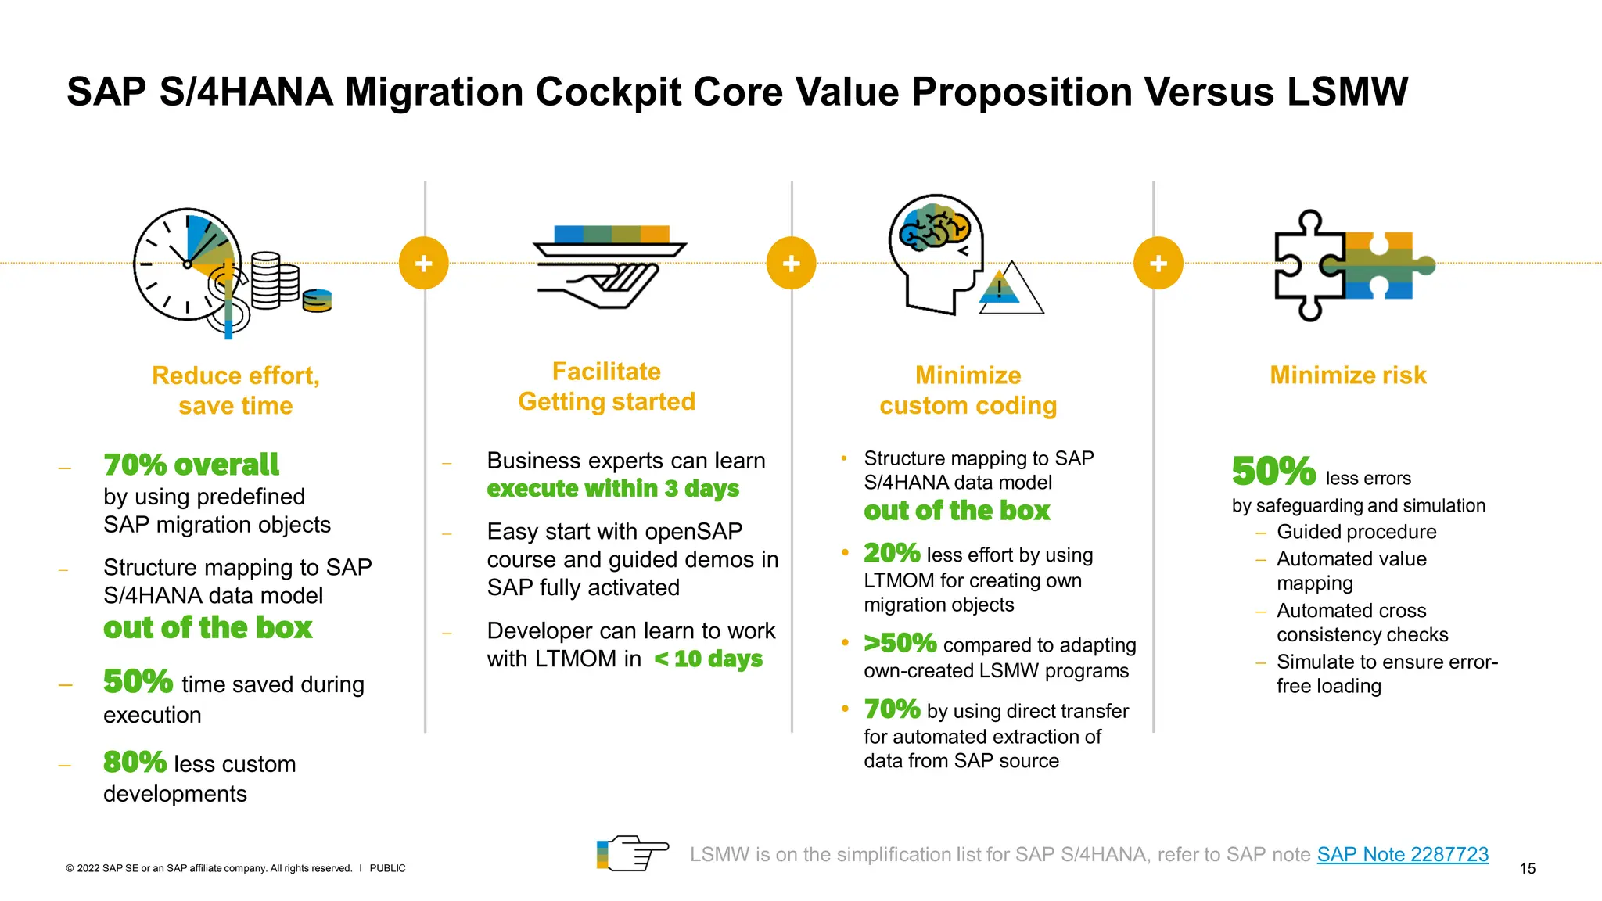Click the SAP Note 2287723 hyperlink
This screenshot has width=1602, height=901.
coord(1402,854)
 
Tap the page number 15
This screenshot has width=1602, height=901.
coord(1527,868)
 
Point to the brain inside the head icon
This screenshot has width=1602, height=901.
coord(934,226)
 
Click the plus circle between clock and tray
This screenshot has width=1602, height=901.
coord(423,263)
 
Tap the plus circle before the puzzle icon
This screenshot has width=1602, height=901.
coord(1158,263)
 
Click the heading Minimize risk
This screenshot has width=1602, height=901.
coord(1348,375)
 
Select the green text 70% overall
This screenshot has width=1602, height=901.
coord(191,465)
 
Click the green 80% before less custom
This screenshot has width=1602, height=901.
coord(135,762)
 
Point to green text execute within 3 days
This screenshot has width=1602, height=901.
coord(612,489)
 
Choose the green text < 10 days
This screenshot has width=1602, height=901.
coord(708,659)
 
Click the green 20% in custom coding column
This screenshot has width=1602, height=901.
coord(891,553)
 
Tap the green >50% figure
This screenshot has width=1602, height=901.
coord(900,643)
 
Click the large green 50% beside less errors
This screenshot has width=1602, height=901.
coord(1273,471)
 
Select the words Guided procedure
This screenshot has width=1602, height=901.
coord(1356,532)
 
